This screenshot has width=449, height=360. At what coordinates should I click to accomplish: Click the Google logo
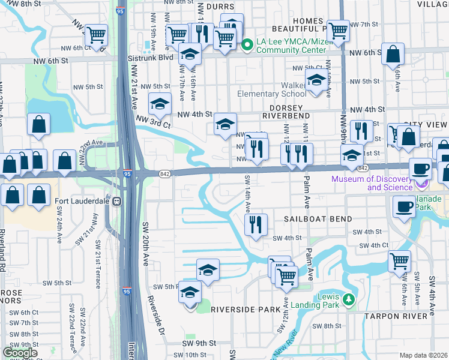20,353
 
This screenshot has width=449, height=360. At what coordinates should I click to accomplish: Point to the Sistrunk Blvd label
150,58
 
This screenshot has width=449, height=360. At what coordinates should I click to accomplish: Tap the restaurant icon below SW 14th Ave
255,224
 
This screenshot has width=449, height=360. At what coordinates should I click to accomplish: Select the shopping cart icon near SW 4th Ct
399,261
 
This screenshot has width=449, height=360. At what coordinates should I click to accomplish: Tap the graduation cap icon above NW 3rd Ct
160,104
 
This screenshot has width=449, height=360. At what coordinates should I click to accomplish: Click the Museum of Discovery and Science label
382,183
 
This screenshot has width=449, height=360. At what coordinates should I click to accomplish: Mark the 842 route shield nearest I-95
164,173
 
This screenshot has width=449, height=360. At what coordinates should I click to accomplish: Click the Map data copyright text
423,355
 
